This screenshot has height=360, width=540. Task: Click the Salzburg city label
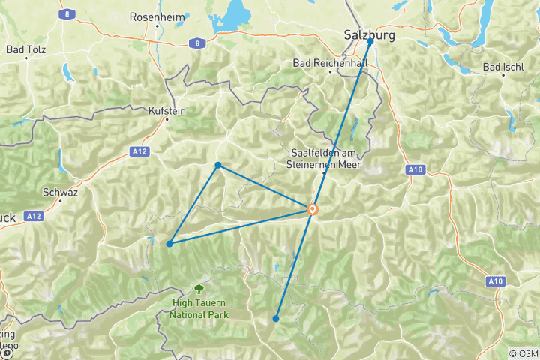pos(369,34)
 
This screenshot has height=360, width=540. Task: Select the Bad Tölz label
pos(26,50)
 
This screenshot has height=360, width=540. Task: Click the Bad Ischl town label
pos(502,67)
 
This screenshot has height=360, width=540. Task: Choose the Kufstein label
pos(167,110)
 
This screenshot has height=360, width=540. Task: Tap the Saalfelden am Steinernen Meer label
pos(325,159)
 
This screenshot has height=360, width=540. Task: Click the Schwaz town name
pos(60,192)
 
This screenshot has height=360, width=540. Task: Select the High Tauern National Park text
pos(198,308)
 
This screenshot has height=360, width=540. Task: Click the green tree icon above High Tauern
pos(199,287)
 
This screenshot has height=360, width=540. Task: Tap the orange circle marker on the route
pos(312,210)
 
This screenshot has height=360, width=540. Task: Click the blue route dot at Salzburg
pos(370,43)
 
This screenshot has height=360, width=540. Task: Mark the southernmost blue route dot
pos(276,319)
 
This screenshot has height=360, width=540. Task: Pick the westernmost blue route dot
pos(170,244)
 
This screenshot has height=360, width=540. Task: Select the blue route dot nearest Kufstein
pos(217,165)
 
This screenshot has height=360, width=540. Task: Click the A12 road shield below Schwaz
pos(31,216)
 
